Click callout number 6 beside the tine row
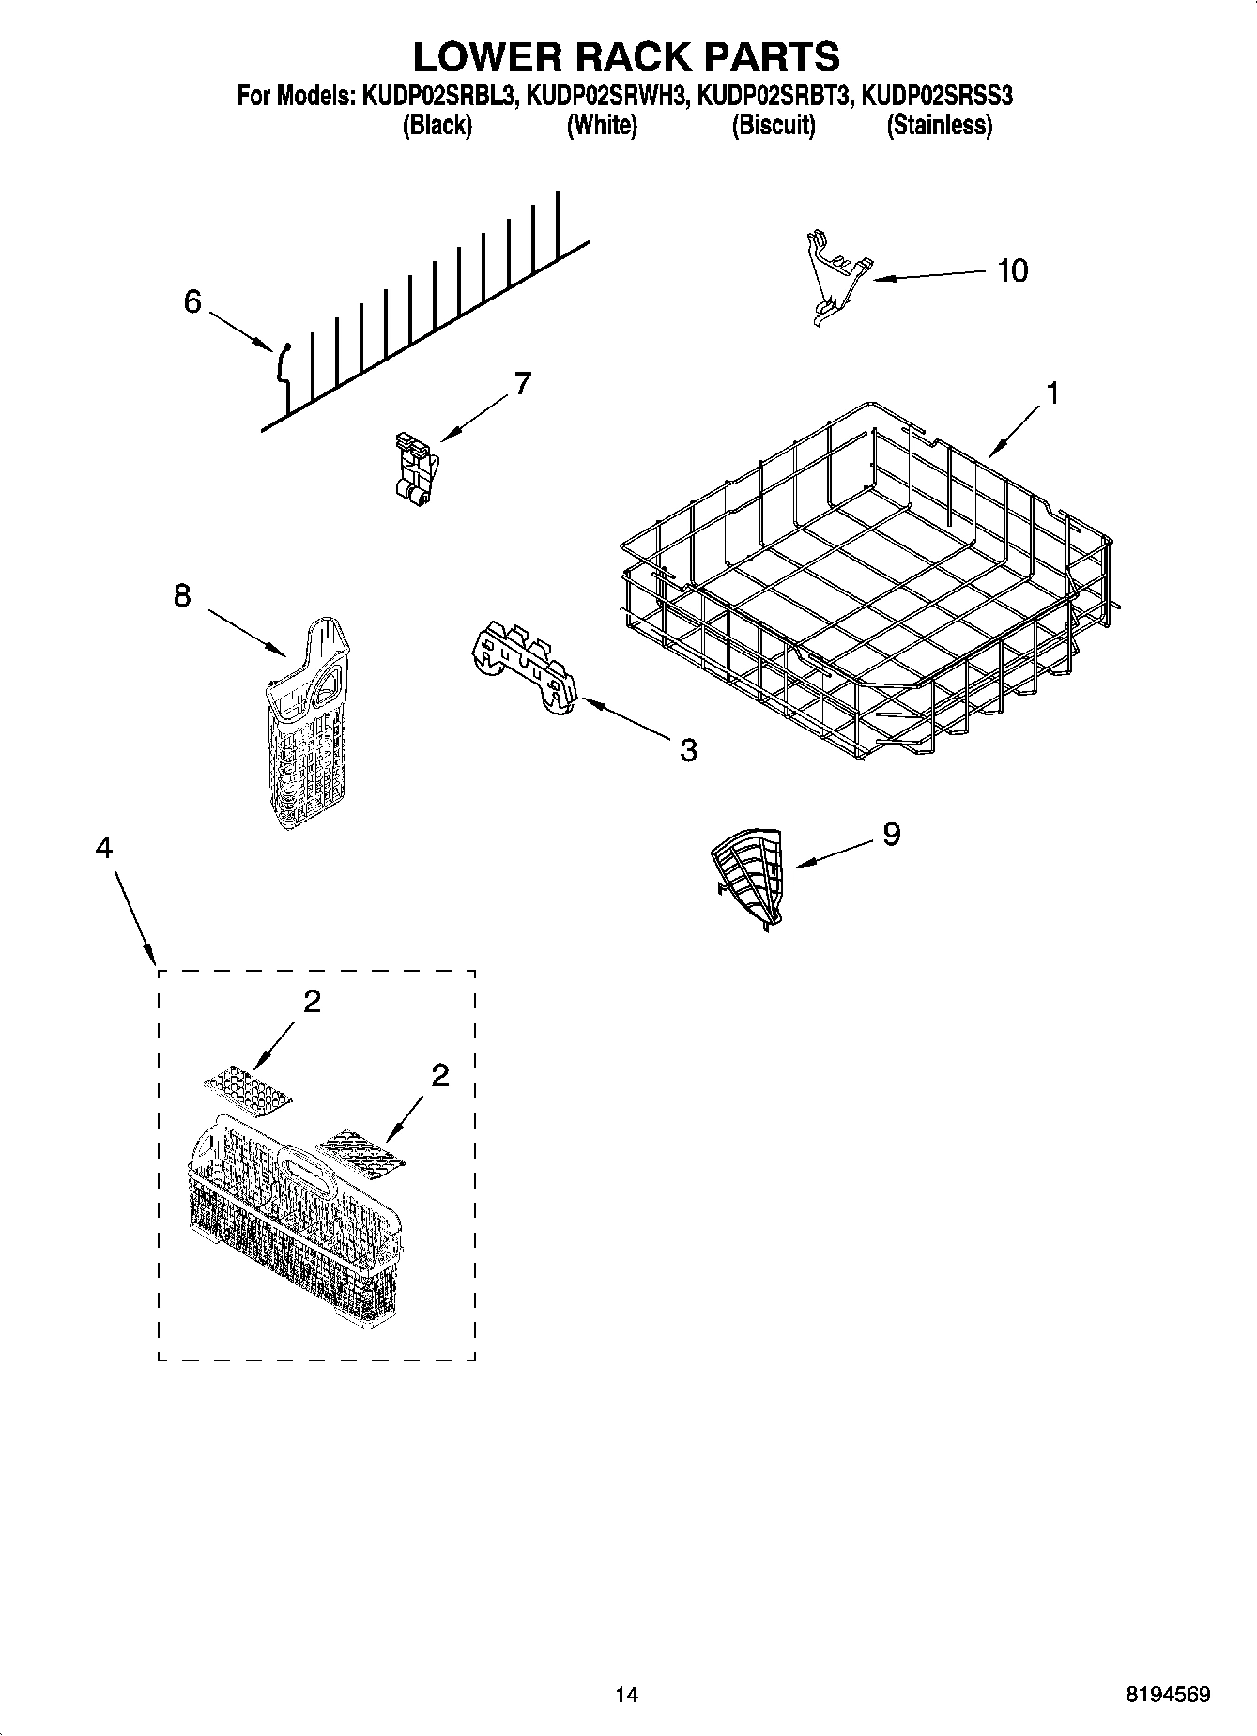192,302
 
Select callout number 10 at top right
1012,270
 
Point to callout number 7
522,383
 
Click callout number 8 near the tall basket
182,595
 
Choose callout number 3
688,749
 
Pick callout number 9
891,833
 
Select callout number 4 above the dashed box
103,848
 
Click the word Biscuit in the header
774,125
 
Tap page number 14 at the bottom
627,1694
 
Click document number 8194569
1168,1694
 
